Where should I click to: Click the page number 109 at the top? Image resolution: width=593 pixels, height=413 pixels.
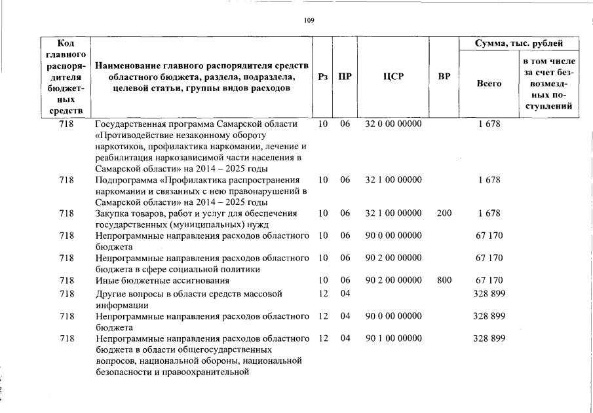(x=309, y=21)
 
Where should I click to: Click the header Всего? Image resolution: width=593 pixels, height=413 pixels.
(x=489, y=84)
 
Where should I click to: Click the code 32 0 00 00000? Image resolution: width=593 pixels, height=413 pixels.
(x=393, y=124)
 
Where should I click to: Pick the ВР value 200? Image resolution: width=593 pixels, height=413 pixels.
(x=444, y=213)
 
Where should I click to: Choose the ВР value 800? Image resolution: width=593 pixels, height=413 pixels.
(x=444, y=281)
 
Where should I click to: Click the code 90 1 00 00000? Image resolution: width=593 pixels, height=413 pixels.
(x=393, y=339)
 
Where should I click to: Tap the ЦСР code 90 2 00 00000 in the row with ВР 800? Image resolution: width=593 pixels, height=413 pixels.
(x=393, y=281)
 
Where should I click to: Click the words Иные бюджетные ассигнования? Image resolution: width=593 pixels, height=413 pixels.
(x=163, y=281)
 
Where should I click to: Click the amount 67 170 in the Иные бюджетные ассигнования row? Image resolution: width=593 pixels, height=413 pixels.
(x=489, y=281)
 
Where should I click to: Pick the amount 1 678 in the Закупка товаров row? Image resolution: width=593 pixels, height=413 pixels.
(x=489, y=213)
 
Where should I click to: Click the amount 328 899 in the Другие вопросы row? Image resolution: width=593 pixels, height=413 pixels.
(x=489, y=294)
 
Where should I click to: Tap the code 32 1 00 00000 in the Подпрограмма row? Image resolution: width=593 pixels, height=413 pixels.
(x=393, y=179)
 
